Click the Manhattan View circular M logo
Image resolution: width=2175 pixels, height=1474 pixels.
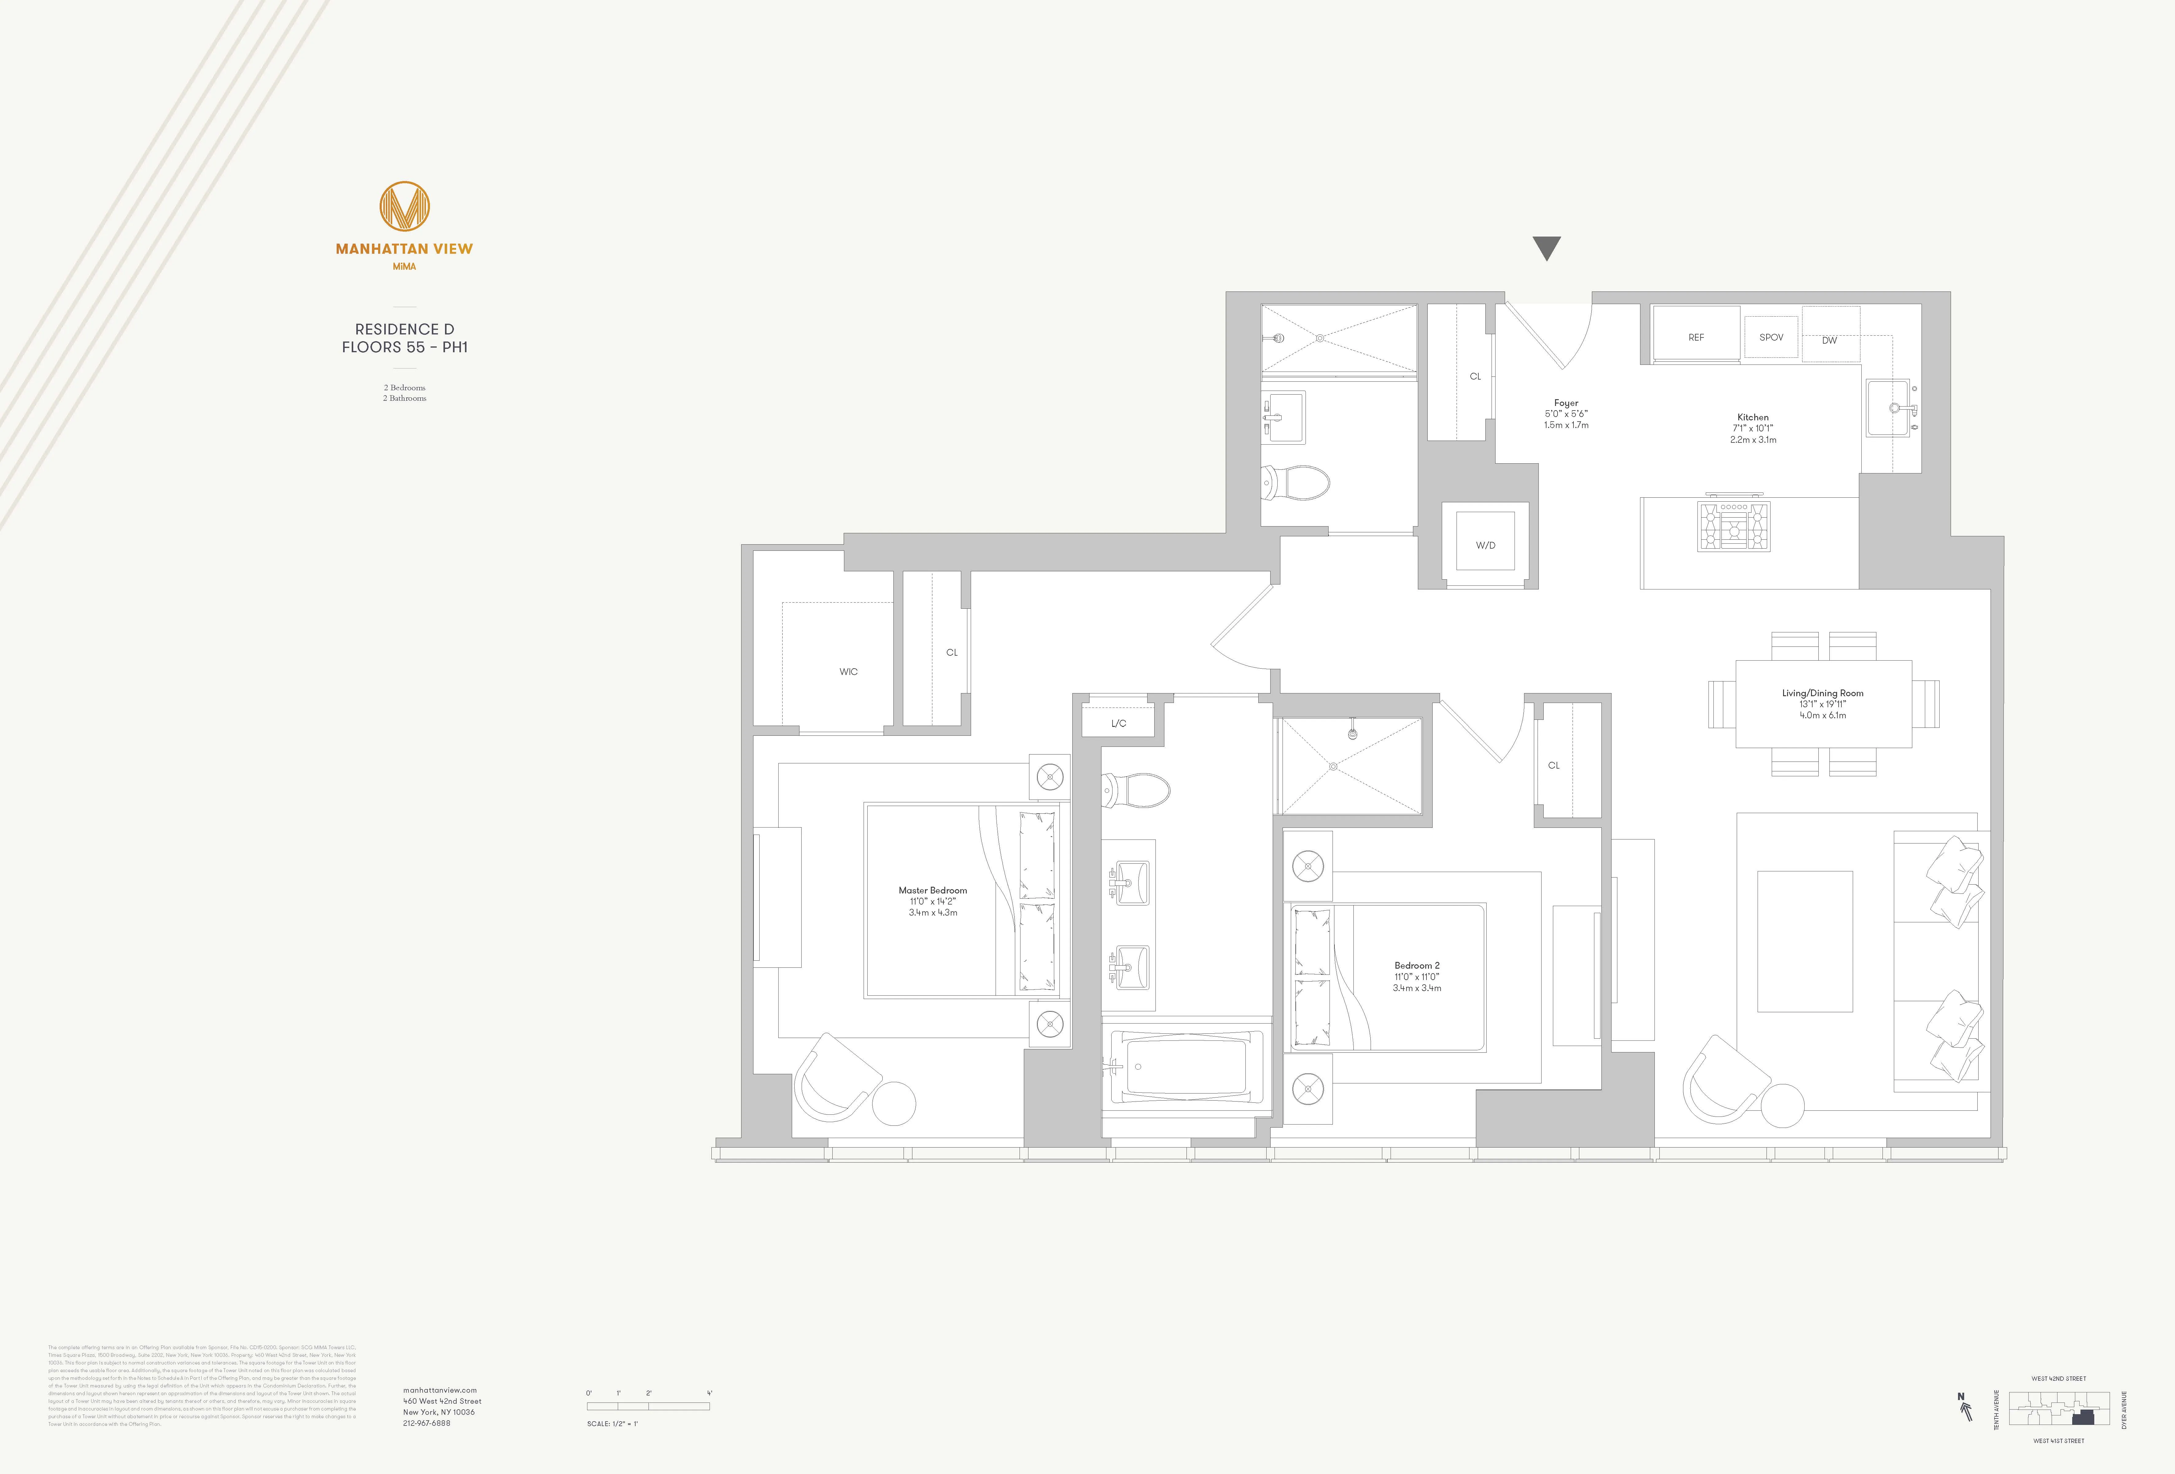click(x=404, y=207)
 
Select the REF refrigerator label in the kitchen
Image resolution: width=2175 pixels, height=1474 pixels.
click(x=1696, y=337)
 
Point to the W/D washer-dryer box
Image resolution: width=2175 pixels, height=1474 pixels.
click(x=1485, y=545)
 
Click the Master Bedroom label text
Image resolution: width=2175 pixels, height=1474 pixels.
click(x=932, y=890)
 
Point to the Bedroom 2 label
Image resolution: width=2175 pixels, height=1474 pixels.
click(x=1417, y=965)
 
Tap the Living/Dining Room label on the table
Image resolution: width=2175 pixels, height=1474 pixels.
click(x=1822, y=693)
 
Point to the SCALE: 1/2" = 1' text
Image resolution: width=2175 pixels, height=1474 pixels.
click(x=612, y=1423)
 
